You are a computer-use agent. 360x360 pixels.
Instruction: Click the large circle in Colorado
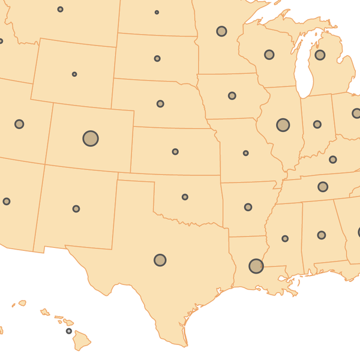(x=91, y=139)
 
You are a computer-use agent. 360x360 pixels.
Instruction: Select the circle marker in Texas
(x=160, y=260)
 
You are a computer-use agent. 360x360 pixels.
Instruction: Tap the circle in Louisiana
(x=256, y=266)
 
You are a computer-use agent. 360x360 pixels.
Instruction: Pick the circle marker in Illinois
(x=283, y=125)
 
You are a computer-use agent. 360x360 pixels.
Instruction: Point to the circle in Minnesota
(x=221, y=31)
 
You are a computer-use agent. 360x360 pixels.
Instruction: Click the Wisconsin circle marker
(x=269, y=55)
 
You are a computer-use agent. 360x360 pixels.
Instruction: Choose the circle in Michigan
(x=320, y=55)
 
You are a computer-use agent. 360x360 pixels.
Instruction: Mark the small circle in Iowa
(x=232, y=96)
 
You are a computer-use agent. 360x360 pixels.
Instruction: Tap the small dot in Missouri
(x=246, y=153)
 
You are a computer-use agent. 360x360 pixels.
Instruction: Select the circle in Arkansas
(x=248, y=207)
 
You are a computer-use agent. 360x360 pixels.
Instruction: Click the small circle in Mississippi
(x=285, y=238)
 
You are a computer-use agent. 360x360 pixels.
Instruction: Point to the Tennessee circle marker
(x=323, y=187)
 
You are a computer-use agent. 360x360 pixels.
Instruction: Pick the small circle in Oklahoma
(x=185, y=197)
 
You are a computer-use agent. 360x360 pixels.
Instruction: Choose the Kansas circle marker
(x=175, y=152)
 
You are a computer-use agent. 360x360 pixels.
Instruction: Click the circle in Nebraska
(x=160, y=104)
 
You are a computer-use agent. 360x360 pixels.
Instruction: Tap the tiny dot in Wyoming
(x=74, y=74)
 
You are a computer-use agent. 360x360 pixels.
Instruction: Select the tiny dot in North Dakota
(x=157, y=13)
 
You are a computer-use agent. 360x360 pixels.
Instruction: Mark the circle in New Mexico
(x=76, y=209)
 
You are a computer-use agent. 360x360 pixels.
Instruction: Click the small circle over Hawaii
(x=69, y=331)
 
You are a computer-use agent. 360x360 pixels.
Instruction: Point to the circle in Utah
(x=19, y=124)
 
